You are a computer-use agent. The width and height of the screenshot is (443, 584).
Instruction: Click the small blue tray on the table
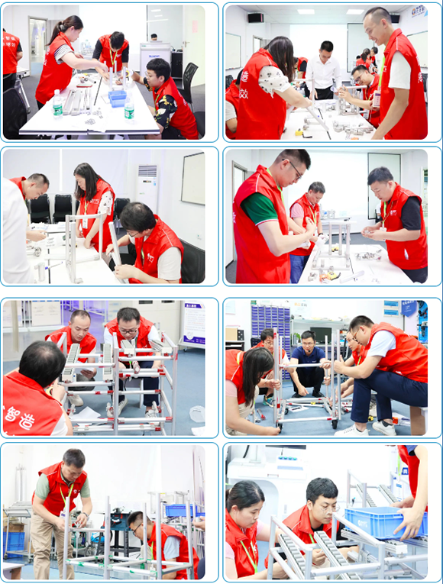pos(118,97)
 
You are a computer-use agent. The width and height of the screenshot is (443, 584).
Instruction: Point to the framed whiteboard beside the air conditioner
pos(192,178)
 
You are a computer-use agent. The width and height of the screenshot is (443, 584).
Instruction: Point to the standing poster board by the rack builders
pos(193,324)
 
